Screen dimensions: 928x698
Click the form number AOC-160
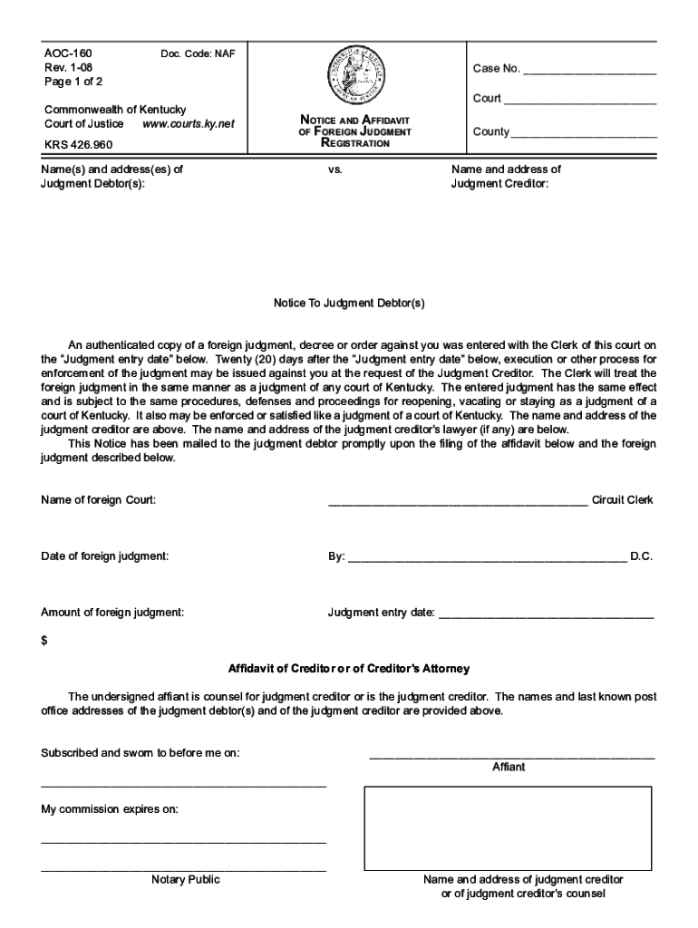tap(68, 53)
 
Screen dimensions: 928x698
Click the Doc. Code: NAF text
tap(198, 54)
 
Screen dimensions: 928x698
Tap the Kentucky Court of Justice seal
tap(355, 77)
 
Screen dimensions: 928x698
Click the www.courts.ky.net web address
tap(189, 123)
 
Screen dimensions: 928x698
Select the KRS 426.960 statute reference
tap(79, 144)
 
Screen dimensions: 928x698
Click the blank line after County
tap(584, 135)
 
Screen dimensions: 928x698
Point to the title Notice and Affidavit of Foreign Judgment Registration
tap(355, 131)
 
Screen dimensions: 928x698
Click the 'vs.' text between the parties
tap(335, 169)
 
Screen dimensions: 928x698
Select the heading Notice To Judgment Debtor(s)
tap(349, 304)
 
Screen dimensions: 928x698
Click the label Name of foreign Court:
tap(99, 500)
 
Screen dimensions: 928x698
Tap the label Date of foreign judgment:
tap(104, 556)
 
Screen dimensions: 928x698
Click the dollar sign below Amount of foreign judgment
tap(44, 641)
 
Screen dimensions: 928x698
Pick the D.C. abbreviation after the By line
tap(641, 556)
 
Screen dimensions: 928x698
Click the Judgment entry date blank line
tap(546, 616)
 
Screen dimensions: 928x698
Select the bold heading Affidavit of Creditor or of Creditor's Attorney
tap(349, 669)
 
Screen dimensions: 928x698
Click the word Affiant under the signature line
tap(509, 767)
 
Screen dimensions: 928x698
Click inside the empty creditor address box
tap(508, 827)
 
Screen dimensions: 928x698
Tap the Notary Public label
tap(185, 879)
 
